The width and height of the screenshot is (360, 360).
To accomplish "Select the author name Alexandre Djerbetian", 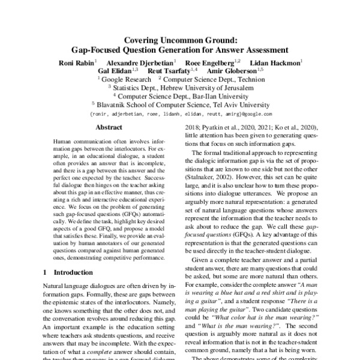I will pos(140,62).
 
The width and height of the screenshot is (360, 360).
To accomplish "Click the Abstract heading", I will pos(109,128).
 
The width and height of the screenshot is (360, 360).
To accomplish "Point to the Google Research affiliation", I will pos(126,79).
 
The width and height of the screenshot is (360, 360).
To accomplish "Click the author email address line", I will pos(180,113).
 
